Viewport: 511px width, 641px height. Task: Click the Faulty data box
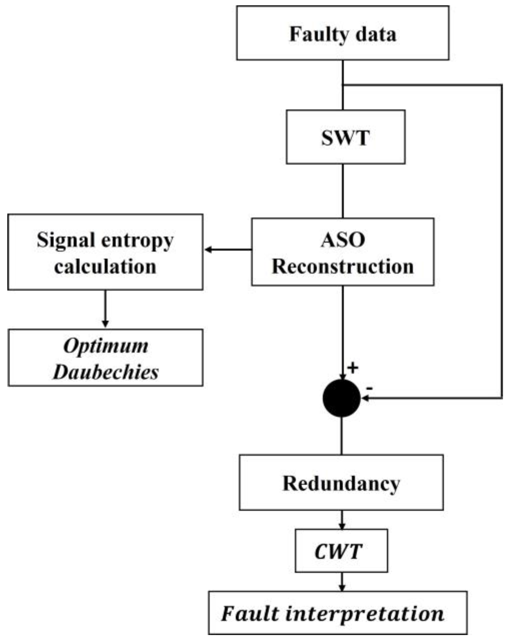(343, 33)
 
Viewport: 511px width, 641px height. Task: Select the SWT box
(346, 137)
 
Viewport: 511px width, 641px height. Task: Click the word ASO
(343, 239)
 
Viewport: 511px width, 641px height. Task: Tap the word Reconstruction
(343, 266)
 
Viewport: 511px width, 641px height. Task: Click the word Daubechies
(106, 372)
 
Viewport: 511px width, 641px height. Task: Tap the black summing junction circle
(342, 398)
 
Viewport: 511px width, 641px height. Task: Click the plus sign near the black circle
(353, 368)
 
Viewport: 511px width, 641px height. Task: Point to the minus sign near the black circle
(369, 388)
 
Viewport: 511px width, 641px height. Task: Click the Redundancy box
(341, 483)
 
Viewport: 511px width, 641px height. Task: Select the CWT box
(341, 551)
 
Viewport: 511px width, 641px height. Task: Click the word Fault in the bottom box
(250, 613)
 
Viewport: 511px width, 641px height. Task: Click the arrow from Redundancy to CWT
(342, 520)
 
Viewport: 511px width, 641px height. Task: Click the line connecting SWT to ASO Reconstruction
(343, 191)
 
